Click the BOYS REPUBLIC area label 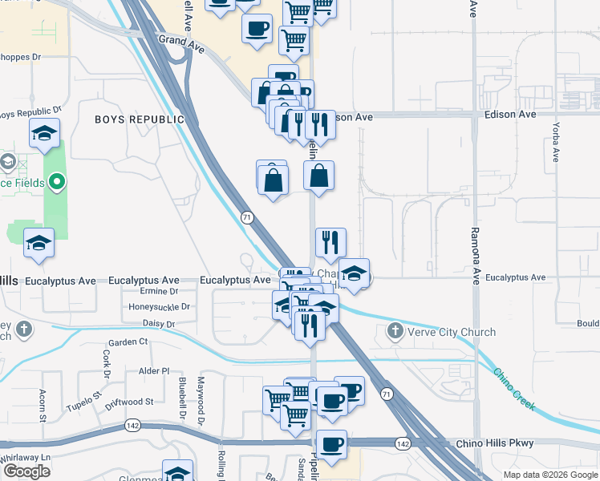tap(140, 119)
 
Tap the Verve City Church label tap(452, 332)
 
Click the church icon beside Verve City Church tap(395, 331)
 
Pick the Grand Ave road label tap(182, 43)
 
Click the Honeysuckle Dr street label tap(159, 307)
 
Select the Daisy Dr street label tap(158, 324)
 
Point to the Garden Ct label tap(128, 342)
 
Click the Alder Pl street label tap(154, 371)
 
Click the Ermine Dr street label tap(159, 291)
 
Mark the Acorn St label tap(43, 405)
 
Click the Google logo tap(26, 471)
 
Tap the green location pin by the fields tap(55, 183)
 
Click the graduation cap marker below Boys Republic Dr tap(44, 134)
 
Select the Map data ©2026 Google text tap(549, 475)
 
